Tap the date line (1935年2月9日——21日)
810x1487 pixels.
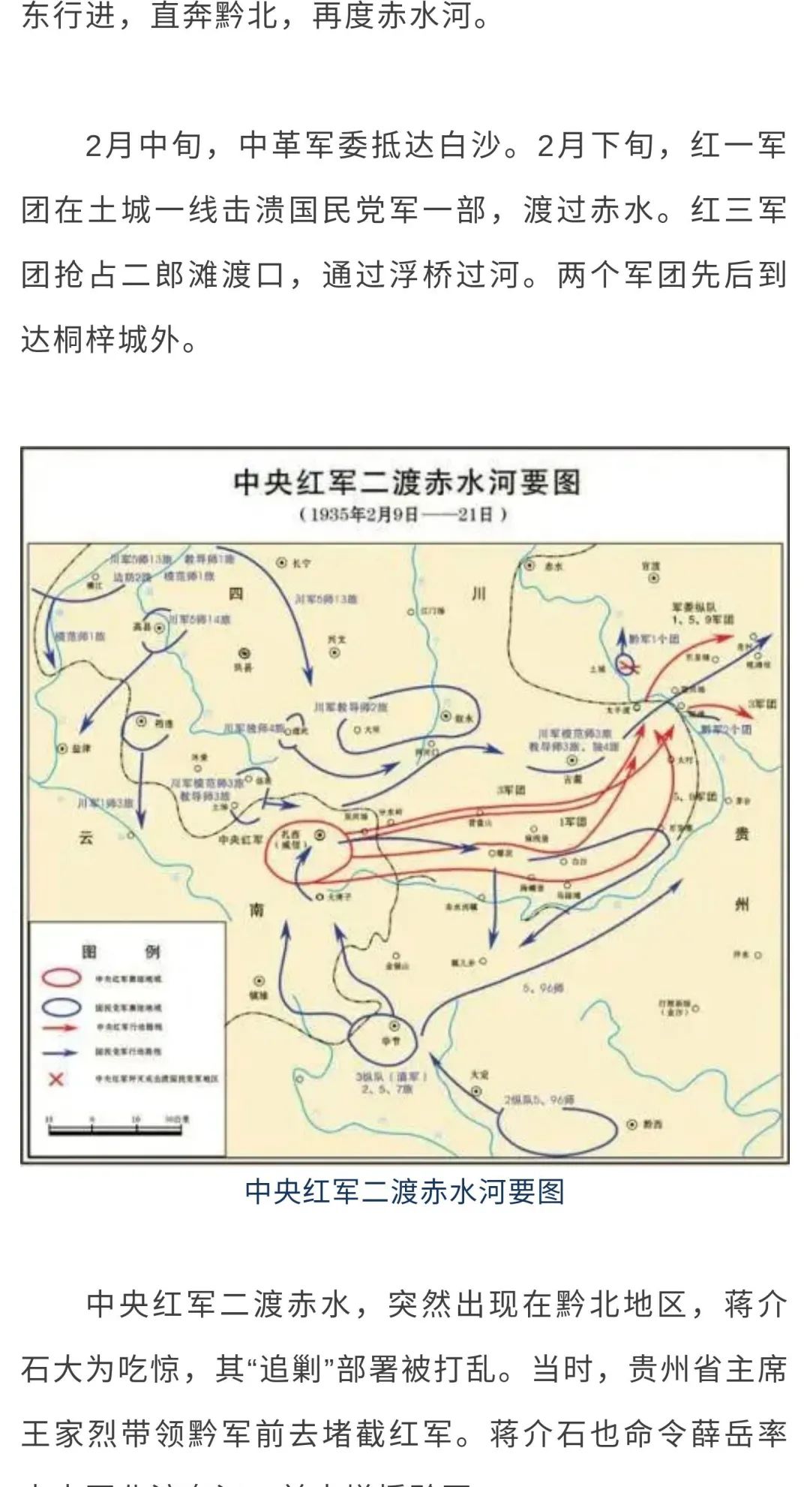pyautogui.click(x=404, y=515)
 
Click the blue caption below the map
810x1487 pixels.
pyautogui.click(x=404, y=1191)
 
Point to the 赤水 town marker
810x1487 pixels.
pyautogui.click(x=530, y=565)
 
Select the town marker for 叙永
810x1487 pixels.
pyautogui.click(x=446, y=717)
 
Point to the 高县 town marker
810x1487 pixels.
pyautogui.click(x=160, y=630)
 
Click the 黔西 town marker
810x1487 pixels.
pyautogui.click(x=631, y=1124)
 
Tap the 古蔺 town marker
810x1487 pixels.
pyautogui.click(x=572, y=760)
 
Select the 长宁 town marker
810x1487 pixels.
pyautogui.click(x=282, y=561)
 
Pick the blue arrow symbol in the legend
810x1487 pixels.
pyautogui.click(x=60, y=1052)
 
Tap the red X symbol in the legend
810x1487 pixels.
pyautogui.click(x=56, y=1079)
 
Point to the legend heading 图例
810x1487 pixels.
pyautogui.click(x=121, y=952)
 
